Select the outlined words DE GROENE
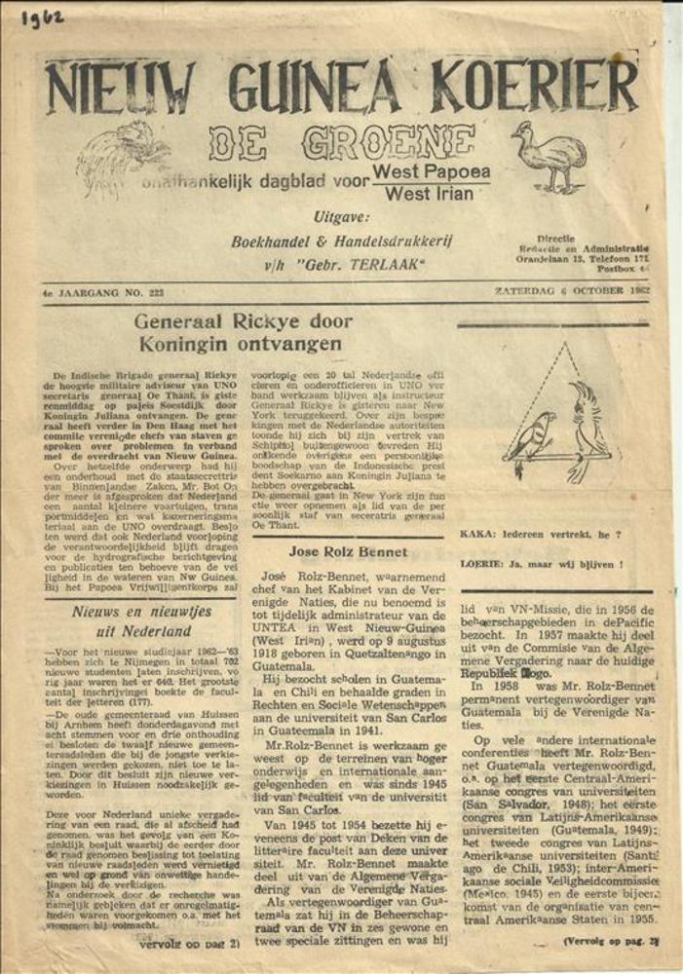pos(341,143)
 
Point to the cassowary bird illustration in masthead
pos(550,155)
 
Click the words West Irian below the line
pos(430,193)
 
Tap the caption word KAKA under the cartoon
pos(475,535)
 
